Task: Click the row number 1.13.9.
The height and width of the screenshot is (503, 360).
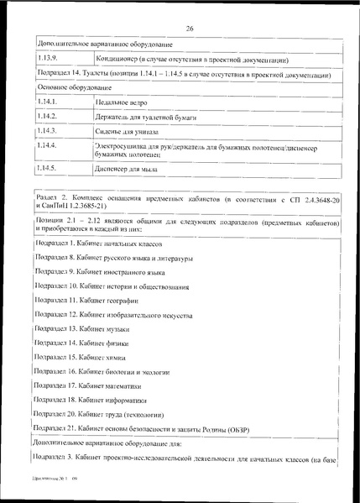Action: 50,60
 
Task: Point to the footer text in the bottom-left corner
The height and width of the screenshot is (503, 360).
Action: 53,487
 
